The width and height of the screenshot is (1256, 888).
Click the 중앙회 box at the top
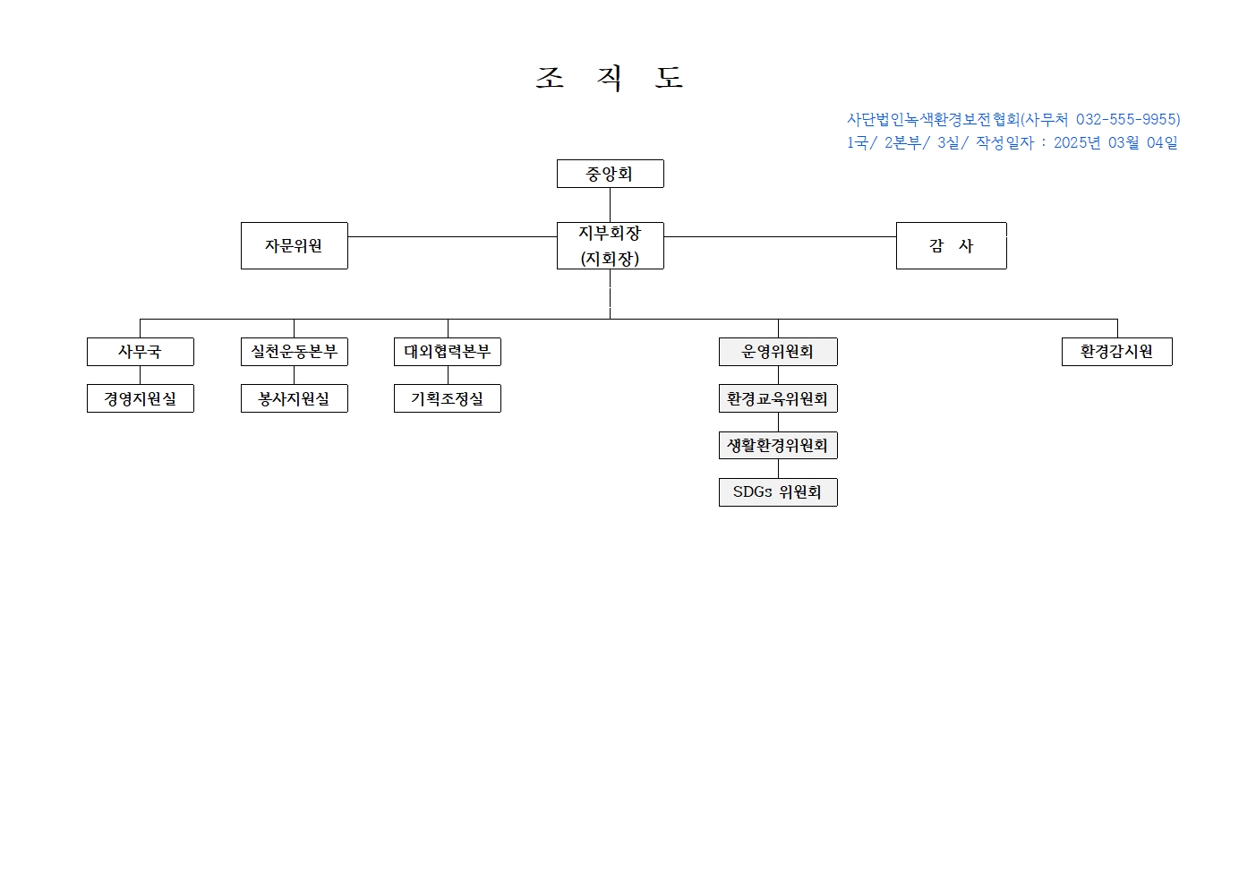point(610,174)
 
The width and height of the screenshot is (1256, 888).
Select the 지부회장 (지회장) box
point(610,245)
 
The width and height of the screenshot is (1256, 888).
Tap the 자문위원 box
point(295,245)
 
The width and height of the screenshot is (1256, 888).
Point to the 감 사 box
point(951,245)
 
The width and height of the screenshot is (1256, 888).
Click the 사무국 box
point(141,352)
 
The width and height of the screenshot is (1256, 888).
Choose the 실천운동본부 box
point(295,352)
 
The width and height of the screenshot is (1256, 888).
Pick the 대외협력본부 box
point(448,352)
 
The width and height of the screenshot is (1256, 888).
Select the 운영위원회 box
point(778,352)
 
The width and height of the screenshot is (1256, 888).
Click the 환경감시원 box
point(1117,352)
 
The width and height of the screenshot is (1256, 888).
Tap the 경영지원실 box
point(141,398)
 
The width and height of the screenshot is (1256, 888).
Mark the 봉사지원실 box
point(295,398)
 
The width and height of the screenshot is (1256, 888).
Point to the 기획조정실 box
point(448,398)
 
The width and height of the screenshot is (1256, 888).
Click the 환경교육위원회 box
point(778,398)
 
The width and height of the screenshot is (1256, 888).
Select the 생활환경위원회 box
point(778,445)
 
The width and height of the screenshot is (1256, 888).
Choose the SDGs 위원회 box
point(778,492)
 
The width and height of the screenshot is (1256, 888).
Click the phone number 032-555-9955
point(1126,119)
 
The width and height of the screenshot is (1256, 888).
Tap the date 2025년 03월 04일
point(1115,142)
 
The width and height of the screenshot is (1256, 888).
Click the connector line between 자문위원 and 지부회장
point(452,236)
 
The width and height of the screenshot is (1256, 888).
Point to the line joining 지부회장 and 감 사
point(780,236)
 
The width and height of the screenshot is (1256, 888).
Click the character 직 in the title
point(610,78)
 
